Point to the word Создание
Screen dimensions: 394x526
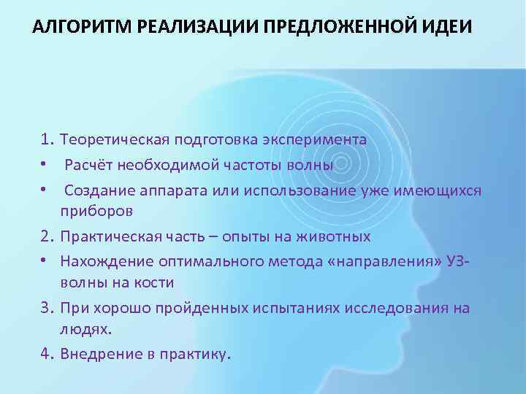(x=96, y=191)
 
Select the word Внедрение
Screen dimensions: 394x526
(x=97, y=355)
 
